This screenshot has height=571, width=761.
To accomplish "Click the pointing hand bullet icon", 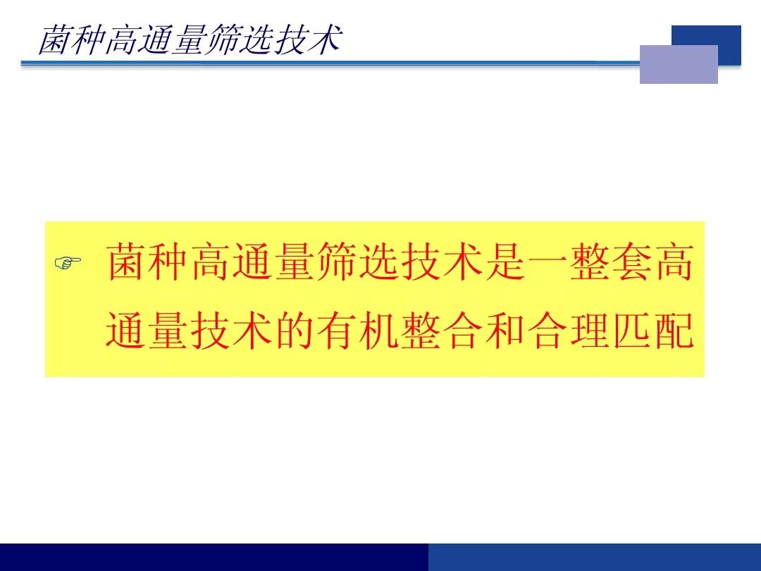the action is point(68,263).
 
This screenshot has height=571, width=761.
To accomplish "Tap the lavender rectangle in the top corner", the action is point(679,64).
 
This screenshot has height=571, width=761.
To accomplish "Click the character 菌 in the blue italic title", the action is point(54,39).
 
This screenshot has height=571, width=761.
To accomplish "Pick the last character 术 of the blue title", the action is point(325,39).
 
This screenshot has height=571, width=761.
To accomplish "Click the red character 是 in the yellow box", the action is point(505,262).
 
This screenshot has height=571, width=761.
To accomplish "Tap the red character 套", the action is point(632,262).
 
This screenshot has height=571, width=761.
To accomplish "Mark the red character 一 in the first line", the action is point(547,262).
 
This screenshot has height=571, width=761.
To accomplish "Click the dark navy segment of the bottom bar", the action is point(214,558).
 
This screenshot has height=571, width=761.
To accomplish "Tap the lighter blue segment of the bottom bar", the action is point(595,558).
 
